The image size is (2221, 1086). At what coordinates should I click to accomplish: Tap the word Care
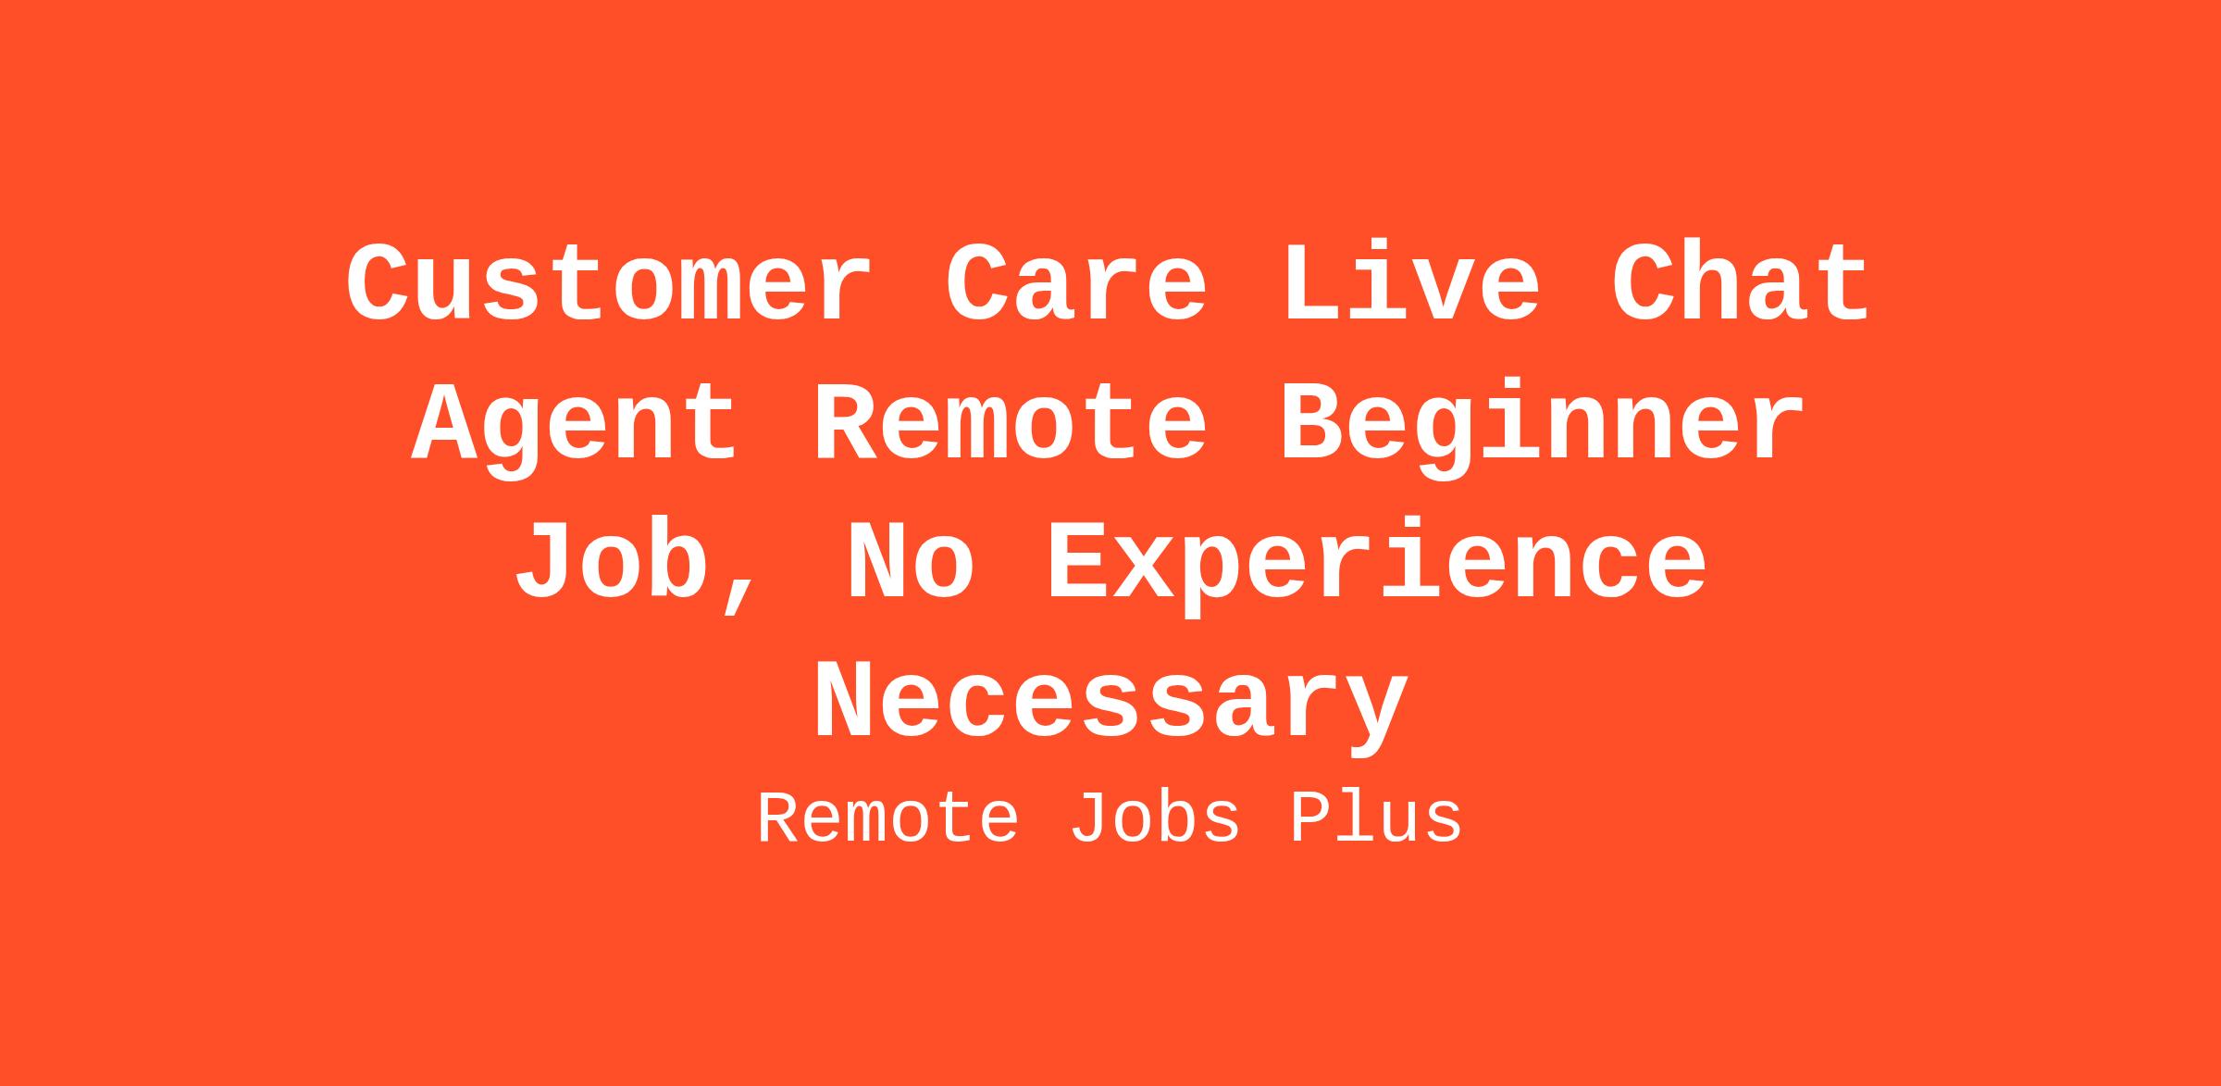pyautogui.click(x=1076, y=282)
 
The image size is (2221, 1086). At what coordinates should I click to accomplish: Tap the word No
pyautogui.click(x=912, y=563)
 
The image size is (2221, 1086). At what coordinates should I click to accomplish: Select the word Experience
pyautogui.click(x=1376, y=568)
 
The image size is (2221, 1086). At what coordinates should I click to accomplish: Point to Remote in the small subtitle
pyautogui.click(x=888, y=818)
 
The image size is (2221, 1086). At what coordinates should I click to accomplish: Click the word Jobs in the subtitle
pyautogui.click(x=1155, y=818)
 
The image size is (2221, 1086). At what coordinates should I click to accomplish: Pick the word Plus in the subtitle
pyautogui.click(x=1375, y=818)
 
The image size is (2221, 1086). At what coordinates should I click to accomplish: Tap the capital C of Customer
pyautogui.click(x=379, y=282)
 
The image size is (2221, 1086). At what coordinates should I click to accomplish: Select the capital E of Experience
pyautogui.click(x=1079, y=563)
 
